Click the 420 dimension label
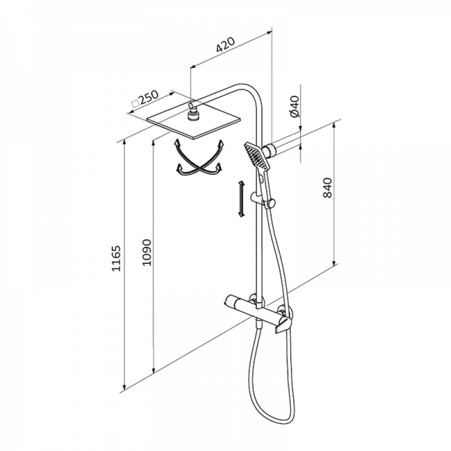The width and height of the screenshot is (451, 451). pyautogui.click(x=225, y=45)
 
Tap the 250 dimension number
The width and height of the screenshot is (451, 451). pyautogui.click(x=149, y=97)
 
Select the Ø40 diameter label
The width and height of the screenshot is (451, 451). pyautogui.click(x=295, y=107)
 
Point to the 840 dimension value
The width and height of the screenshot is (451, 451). pyautogui.click(x=327, y=188)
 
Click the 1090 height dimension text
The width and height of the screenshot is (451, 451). pyautogui.click(x=147, y=253)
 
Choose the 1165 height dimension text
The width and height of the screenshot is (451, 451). pyautogui.click(x=117, y=259)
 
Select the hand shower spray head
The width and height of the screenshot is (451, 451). pyautogui.click(x=257, y=156)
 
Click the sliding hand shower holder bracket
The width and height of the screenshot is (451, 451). pyautogui.click(x=263, y=200)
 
